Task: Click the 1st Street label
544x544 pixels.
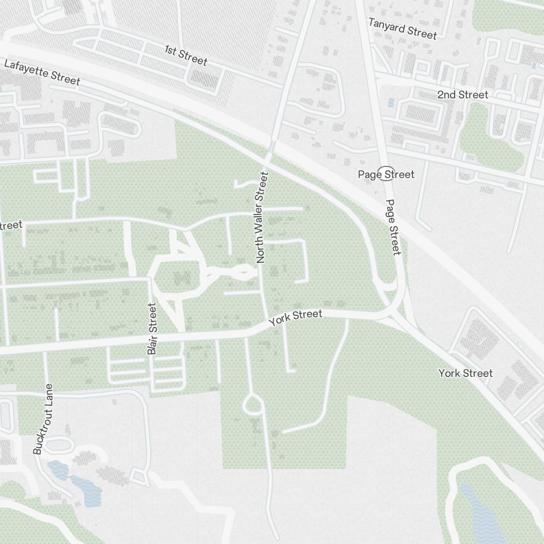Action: click(186, 55)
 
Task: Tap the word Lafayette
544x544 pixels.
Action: click(27, 68)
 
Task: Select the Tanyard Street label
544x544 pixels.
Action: click(403, 28)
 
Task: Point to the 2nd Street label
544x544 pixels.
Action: click(462, 95)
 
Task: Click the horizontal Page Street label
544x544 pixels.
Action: click(386, 174)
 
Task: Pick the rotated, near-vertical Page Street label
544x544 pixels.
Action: click(393, 227)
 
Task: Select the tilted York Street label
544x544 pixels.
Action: click(296, 318)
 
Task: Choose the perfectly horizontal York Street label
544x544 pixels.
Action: click(466, 373)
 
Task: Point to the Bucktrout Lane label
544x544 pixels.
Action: click(44, 419)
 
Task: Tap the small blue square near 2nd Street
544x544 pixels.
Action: click(391, 102)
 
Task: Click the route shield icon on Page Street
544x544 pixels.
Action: click(386, 172)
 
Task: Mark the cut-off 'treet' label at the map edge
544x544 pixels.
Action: click(11, 225)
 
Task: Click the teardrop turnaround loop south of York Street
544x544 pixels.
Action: click(253, 405)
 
